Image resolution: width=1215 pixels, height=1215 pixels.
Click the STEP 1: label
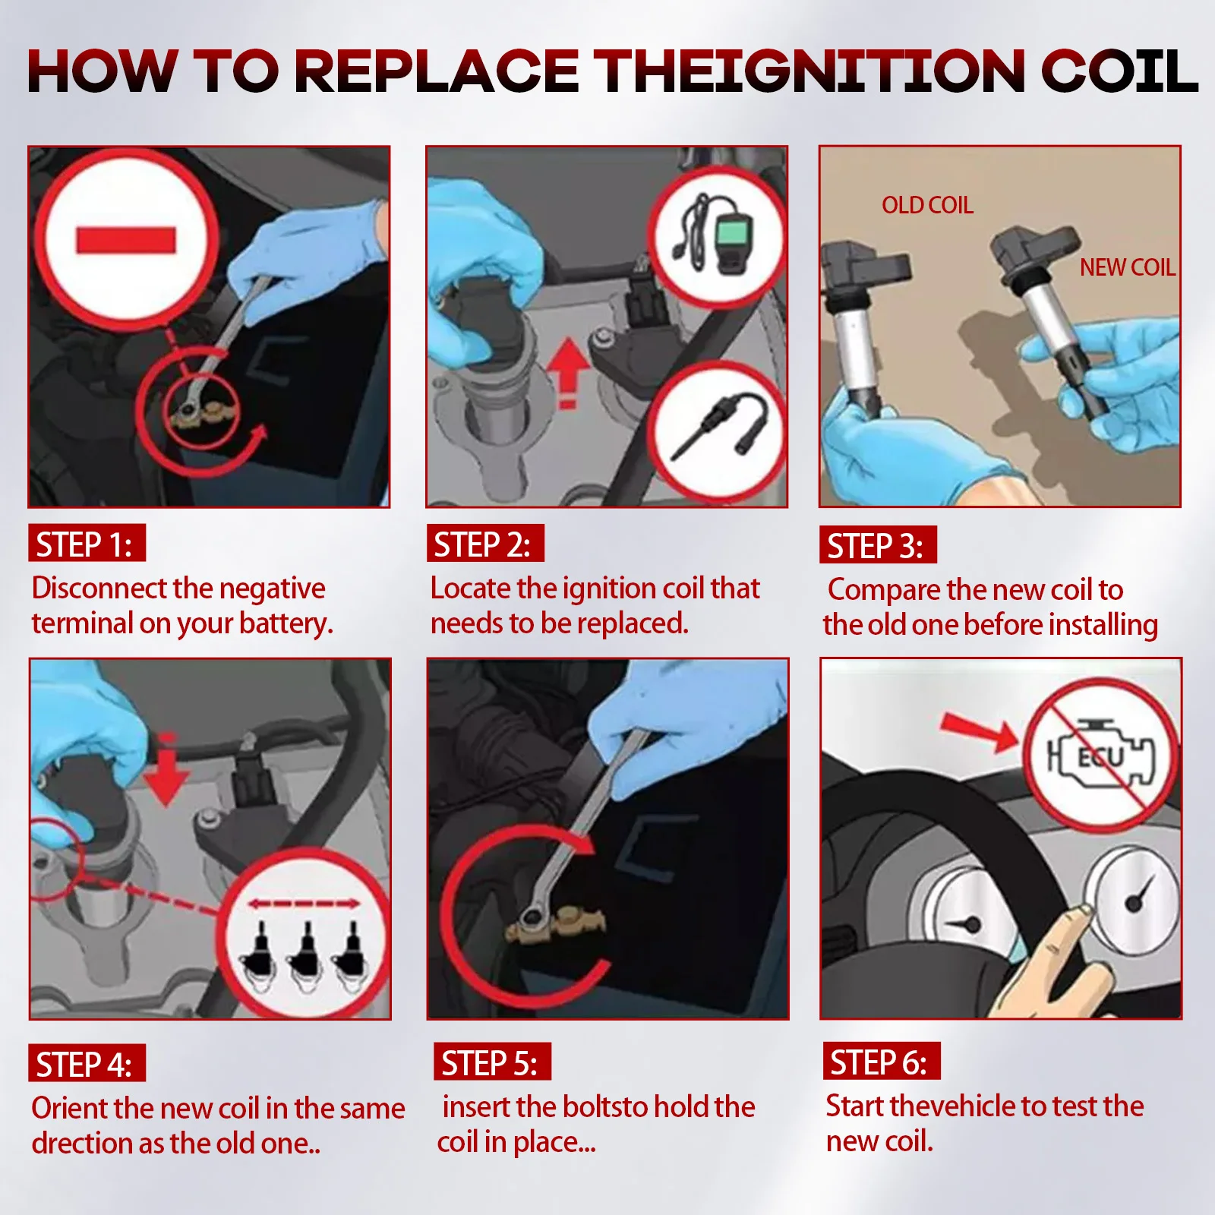click(87, 543)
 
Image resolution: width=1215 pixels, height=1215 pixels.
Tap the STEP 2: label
click(485, 543)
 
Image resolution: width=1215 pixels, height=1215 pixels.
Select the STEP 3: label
click(878, 544)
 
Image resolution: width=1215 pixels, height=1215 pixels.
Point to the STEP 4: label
click(87, 1063)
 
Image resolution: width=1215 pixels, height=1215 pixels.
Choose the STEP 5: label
click(492, 1062)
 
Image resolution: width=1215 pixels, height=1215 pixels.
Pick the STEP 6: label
click(882, 1061)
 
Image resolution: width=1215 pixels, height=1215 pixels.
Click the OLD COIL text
click(927, 205)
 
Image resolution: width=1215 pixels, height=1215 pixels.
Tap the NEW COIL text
click(1128, 267)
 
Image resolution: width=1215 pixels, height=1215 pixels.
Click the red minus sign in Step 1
click(126, 240)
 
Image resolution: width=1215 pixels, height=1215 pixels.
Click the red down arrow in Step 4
click(167, 769)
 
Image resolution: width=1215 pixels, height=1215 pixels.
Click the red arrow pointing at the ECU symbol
click(979, 732)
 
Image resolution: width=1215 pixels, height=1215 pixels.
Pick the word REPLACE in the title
click(436, 71)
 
